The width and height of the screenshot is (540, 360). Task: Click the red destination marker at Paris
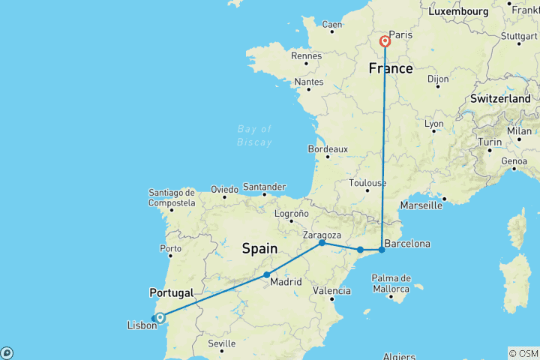coord(385,41)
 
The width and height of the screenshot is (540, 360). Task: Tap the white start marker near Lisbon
coord(160,318)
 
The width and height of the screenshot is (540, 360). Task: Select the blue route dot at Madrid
coord(266,275)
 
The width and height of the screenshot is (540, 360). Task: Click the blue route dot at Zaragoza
coord(322,243)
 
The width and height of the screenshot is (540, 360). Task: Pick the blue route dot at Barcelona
coord(382,249)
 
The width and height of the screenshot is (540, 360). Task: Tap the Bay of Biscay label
coord(254,136)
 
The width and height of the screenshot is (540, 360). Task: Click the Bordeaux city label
coord(328,149)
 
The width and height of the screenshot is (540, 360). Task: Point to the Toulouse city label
coord(367,183)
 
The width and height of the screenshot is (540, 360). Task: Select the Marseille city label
coord(421,205)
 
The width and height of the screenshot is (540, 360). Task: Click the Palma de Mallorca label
coord(389,283)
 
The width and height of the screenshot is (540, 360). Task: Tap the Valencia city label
coord(331,290)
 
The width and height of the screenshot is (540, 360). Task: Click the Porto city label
coord(172,248)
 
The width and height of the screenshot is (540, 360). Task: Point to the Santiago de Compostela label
coord(172,198)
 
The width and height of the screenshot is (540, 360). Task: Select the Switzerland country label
coord(500,99)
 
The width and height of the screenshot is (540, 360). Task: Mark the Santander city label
coord(265,187)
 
